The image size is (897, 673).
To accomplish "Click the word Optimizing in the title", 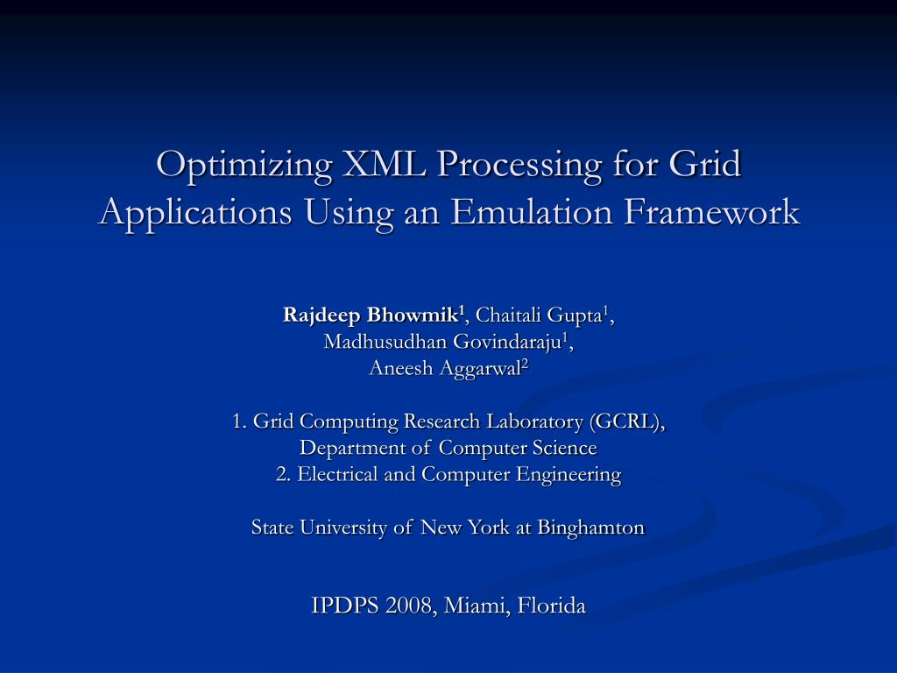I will [x=231, y=165].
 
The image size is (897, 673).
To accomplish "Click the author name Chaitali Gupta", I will [x=542, y=315].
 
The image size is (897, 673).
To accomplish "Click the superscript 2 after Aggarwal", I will [x=526, y=364].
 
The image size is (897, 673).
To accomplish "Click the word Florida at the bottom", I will [x=552, y=605].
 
